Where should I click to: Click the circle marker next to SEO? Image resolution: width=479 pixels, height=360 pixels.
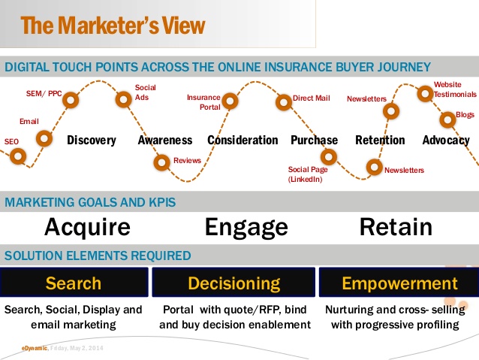[x=18, y=156]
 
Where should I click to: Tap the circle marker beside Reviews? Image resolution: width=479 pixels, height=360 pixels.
[x=161, y=162]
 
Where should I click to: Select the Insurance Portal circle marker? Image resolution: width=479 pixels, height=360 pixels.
[x=230, y=101]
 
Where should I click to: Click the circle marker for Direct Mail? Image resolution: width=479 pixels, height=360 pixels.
[x=284, y=102]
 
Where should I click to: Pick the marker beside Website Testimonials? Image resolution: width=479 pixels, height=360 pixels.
[x=425, y=94]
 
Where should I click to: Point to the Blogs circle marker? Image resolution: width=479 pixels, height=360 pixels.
[x=447, y=119]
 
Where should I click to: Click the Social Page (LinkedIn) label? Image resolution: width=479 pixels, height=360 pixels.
[x=308, y=174]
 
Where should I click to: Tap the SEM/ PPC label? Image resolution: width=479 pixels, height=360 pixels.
[x=44, y=94]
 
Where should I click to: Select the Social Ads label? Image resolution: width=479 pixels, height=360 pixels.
[x=146, y=92]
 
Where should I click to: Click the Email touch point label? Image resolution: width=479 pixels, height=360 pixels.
[x=29, y=122]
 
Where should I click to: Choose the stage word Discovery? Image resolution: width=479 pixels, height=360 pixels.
[x=92, y=140]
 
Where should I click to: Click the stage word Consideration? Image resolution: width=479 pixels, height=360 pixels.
[x=243, y=140]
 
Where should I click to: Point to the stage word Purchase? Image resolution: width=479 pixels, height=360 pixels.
[x=315, y=140]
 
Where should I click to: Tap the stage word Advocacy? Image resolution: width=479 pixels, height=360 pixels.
[x=446, y=141]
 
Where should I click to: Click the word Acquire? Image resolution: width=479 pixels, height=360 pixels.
[x=87, y=227]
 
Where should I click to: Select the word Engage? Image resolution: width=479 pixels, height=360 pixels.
[x=246, y=227]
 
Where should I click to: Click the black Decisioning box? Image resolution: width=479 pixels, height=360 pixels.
[x=233, y=282]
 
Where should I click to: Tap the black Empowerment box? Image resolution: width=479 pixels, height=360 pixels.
[x=399, y=282]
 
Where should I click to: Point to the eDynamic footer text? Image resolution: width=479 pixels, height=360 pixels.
[x=35, y=348]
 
